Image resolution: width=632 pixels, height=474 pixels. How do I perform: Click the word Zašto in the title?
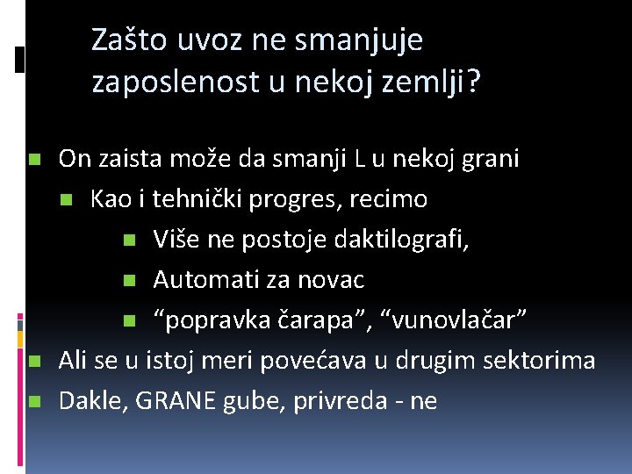click(128, 40)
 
